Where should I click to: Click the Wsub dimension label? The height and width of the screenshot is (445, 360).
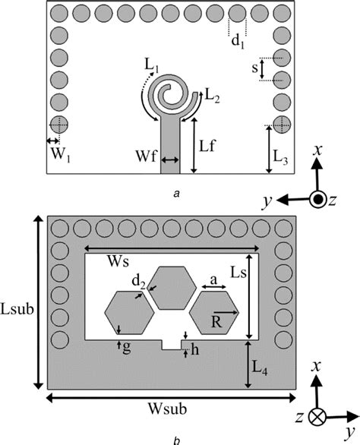click(167, 409)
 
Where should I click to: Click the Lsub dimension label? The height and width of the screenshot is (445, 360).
click(17, 309)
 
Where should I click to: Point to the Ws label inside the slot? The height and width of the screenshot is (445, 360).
click(118, 261)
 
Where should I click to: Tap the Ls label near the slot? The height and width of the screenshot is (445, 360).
click(238, 273)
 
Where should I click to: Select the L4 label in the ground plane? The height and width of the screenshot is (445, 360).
click(260, 368)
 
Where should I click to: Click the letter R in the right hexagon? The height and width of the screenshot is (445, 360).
click(216, 322)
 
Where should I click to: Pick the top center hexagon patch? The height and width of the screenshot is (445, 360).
click(172, 288)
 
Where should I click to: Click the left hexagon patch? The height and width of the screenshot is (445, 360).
click(129, 312)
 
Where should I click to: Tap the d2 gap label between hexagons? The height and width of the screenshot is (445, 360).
click(138, 282)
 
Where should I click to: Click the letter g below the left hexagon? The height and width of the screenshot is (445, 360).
click(127, 347)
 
